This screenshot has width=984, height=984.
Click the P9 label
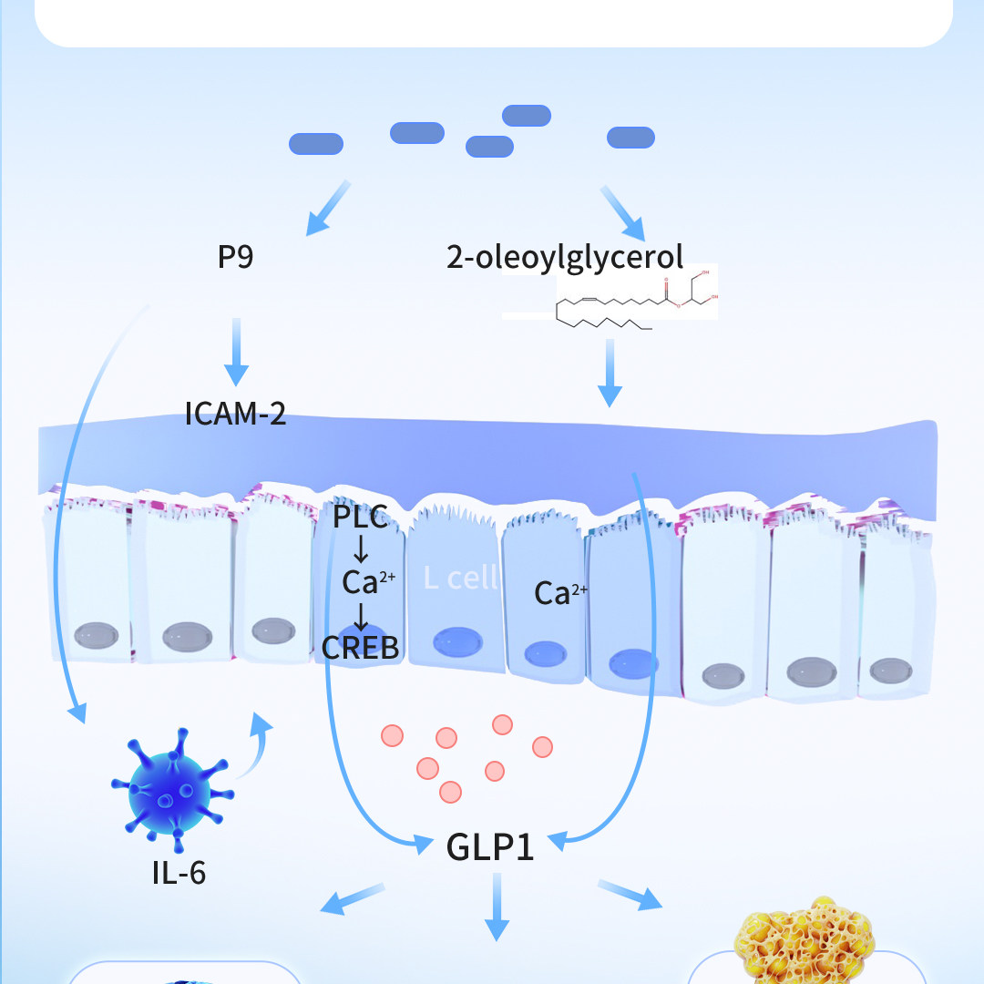coord(235,258)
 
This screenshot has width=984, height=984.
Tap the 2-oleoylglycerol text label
coord(564,258)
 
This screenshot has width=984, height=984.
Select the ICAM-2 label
coord(235,415)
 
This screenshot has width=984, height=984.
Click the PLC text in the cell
coord(360,519)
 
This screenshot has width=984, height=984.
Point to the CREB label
coord(360,647)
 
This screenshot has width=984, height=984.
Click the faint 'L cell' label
coord(461,578)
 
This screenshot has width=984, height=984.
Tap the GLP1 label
coord(489,846)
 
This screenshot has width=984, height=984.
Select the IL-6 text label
coord(179,873)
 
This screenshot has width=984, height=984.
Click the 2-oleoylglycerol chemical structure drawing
coord(610,298)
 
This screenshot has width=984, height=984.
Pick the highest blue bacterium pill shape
coord(527,115)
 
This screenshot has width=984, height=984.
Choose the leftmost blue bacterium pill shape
coord(315,144)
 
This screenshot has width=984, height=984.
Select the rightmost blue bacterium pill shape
coord(630,138)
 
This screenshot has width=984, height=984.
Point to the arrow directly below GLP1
coord(497,906)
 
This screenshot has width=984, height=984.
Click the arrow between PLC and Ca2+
coord(361,550)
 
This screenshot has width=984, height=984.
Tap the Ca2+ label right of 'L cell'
coord(560,594)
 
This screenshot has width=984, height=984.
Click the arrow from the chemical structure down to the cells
coord(610,374)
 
